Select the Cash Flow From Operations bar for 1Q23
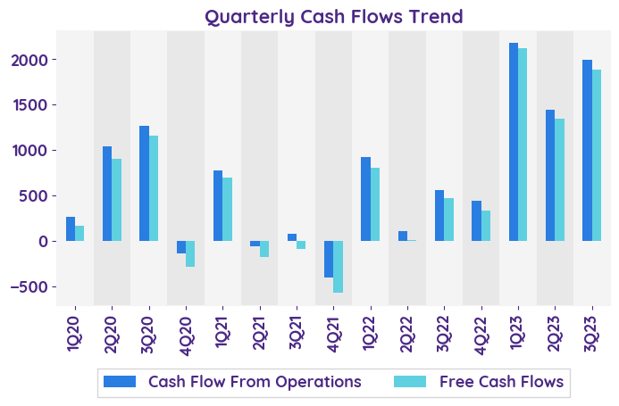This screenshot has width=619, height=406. (x=514, y=142)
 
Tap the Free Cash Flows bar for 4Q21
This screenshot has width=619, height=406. (x=338, y=267)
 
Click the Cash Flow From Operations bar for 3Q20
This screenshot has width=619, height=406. (x=144, y=184)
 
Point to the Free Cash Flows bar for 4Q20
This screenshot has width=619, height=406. (x=190, y=253)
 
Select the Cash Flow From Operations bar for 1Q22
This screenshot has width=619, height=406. (x=365, y=199)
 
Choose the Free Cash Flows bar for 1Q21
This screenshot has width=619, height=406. (x=227, y=210)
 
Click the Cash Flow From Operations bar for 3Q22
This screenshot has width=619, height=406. (x=439, y=216)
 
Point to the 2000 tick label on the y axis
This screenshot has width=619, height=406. (x=34, y=60)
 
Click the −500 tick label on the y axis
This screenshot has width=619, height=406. (x=30, y=286)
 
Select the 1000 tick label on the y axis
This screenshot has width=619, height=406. (x=34, y=151)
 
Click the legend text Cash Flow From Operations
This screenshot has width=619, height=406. (x=255, y=382)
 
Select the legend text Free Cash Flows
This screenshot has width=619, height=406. (x=501, y=382)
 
